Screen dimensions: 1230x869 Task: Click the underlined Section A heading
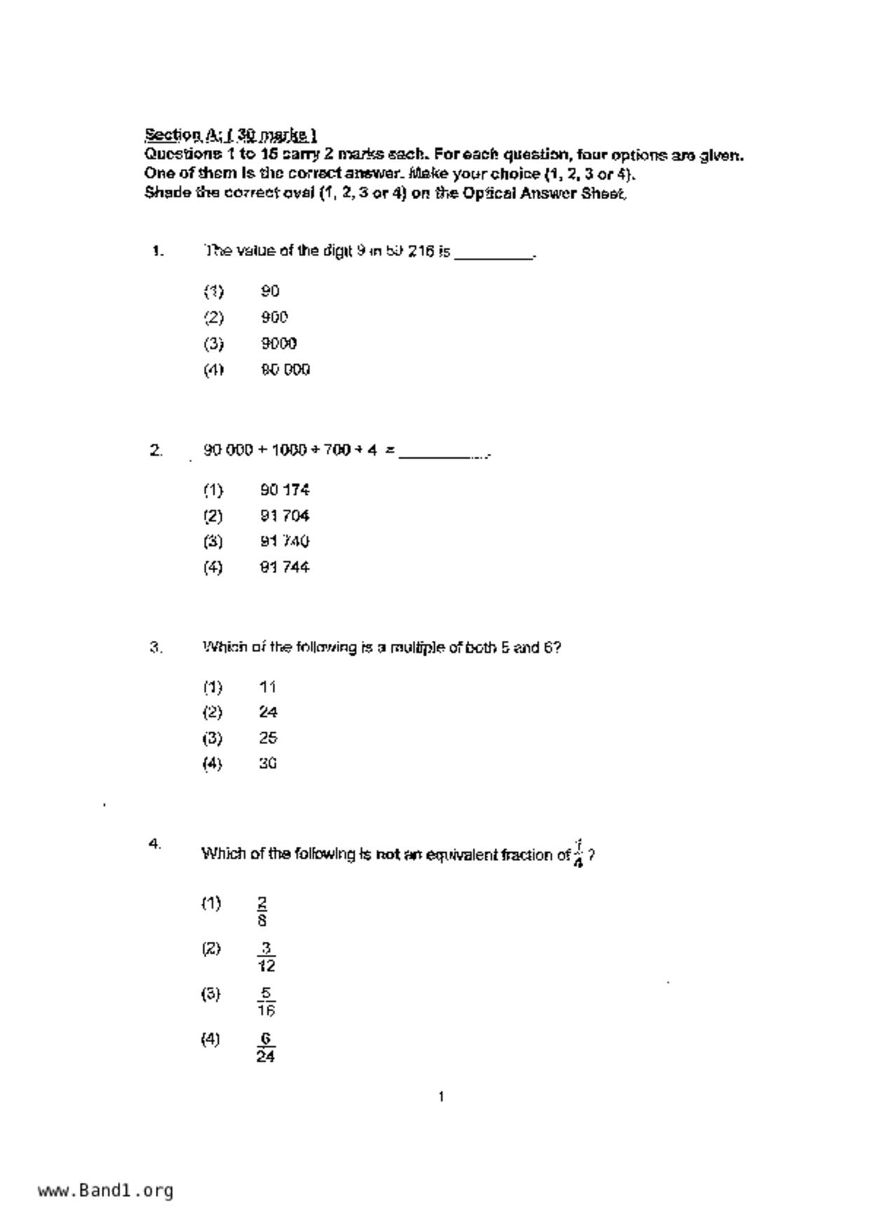tap(230, 134)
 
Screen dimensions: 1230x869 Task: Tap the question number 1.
tap(158, 251)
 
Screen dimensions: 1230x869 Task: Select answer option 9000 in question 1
tap(278, 344)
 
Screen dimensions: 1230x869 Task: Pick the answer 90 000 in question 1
tap(285, 370)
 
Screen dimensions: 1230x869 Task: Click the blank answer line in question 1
tap(494, 254)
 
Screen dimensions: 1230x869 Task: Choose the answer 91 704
tap(284, 516)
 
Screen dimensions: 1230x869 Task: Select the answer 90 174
tap(284, 489)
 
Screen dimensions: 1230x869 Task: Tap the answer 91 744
tap(284, 567)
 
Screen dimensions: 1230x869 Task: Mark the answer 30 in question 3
tap(267, 764)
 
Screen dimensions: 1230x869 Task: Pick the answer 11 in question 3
tap(267, 687)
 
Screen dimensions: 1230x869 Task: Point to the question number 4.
tap(155, 844)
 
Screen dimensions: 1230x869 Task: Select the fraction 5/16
tap(266, 1001)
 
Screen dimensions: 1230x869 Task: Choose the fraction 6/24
tap(265, 1047)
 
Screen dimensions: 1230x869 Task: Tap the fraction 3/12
tap(266, 957)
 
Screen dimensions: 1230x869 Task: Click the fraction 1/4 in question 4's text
tap(578, 853)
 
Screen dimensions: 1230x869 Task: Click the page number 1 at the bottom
tap(440, 1097)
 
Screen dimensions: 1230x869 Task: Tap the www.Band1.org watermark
tap(105, 1191)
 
